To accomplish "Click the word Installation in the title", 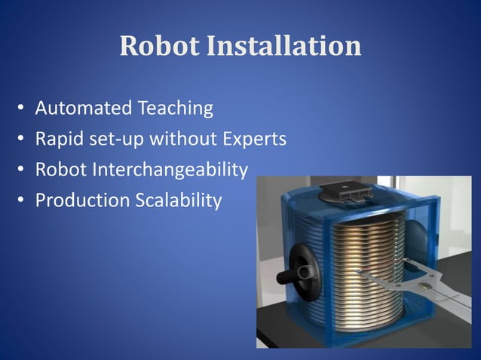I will point(284,47).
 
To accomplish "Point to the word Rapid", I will point(57,139).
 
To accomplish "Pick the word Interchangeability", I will point(170,170).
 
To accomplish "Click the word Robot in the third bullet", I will point(61,170).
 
